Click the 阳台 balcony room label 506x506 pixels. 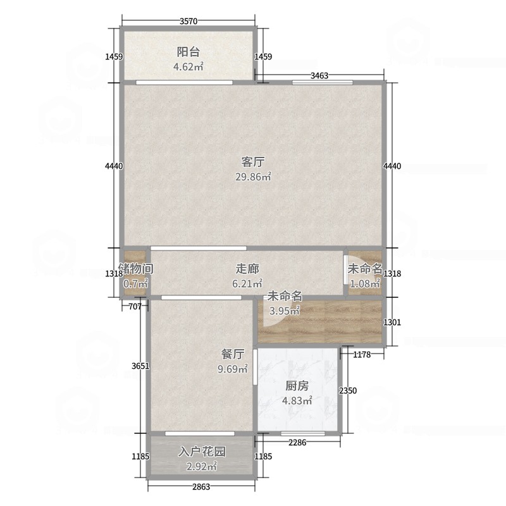[188, 52]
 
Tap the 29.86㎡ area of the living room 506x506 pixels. [254, 177]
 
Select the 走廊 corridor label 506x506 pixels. [247, 268]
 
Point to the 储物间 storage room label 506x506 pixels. [136, 268]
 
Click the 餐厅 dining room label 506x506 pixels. [233, 354]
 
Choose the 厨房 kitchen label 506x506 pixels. [297, 386]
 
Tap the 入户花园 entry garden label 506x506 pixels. [202, 452]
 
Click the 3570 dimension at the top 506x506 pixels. [188, 22]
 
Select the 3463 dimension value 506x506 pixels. [319, 75]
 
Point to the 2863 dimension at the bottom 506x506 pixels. [201, 486]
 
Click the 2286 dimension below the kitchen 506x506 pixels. [297, 442]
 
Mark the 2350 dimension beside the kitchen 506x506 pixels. [348, 391]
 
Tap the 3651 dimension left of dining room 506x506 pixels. [140, 366]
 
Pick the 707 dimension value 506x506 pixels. [135, 306]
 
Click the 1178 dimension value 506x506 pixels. [362, 355]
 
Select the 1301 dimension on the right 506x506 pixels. [392, 322]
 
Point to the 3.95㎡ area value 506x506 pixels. [285, 311]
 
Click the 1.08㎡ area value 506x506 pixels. [365, 283]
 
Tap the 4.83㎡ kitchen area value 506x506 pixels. [297, 400]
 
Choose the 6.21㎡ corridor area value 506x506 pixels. [247, 283]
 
